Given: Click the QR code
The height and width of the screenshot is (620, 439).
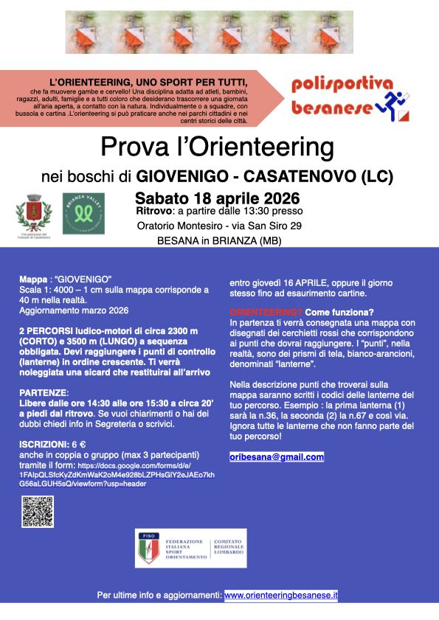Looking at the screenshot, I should [x=38, y=512].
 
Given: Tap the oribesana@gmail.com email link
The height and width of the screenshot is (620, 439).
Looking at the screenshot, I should [x=277, y=457].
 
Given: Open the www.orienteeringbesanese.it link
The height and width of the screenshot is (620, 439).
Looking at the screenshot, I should [x=281, y=595].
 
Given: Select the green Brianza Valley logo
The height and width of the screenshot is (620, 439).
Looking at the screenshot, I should [x=83, y=214].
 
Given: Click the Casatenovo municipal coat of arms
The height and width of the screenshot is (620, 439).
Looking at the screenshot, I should [x=35, y=214].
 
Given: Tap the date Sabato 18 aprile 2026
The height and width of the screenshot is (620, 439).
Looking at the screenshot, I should [x=218, y=198].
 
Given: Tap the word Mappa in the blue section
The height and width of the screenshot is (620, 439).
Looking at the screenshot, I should [x=33, y=280].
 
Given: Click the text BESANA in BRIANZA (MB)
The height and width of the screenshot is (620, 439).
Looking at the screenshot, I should [x=219, y=240].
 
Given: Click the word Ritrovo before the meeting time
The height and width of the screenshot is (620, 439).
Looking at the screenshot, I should [x=154, y=212].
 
